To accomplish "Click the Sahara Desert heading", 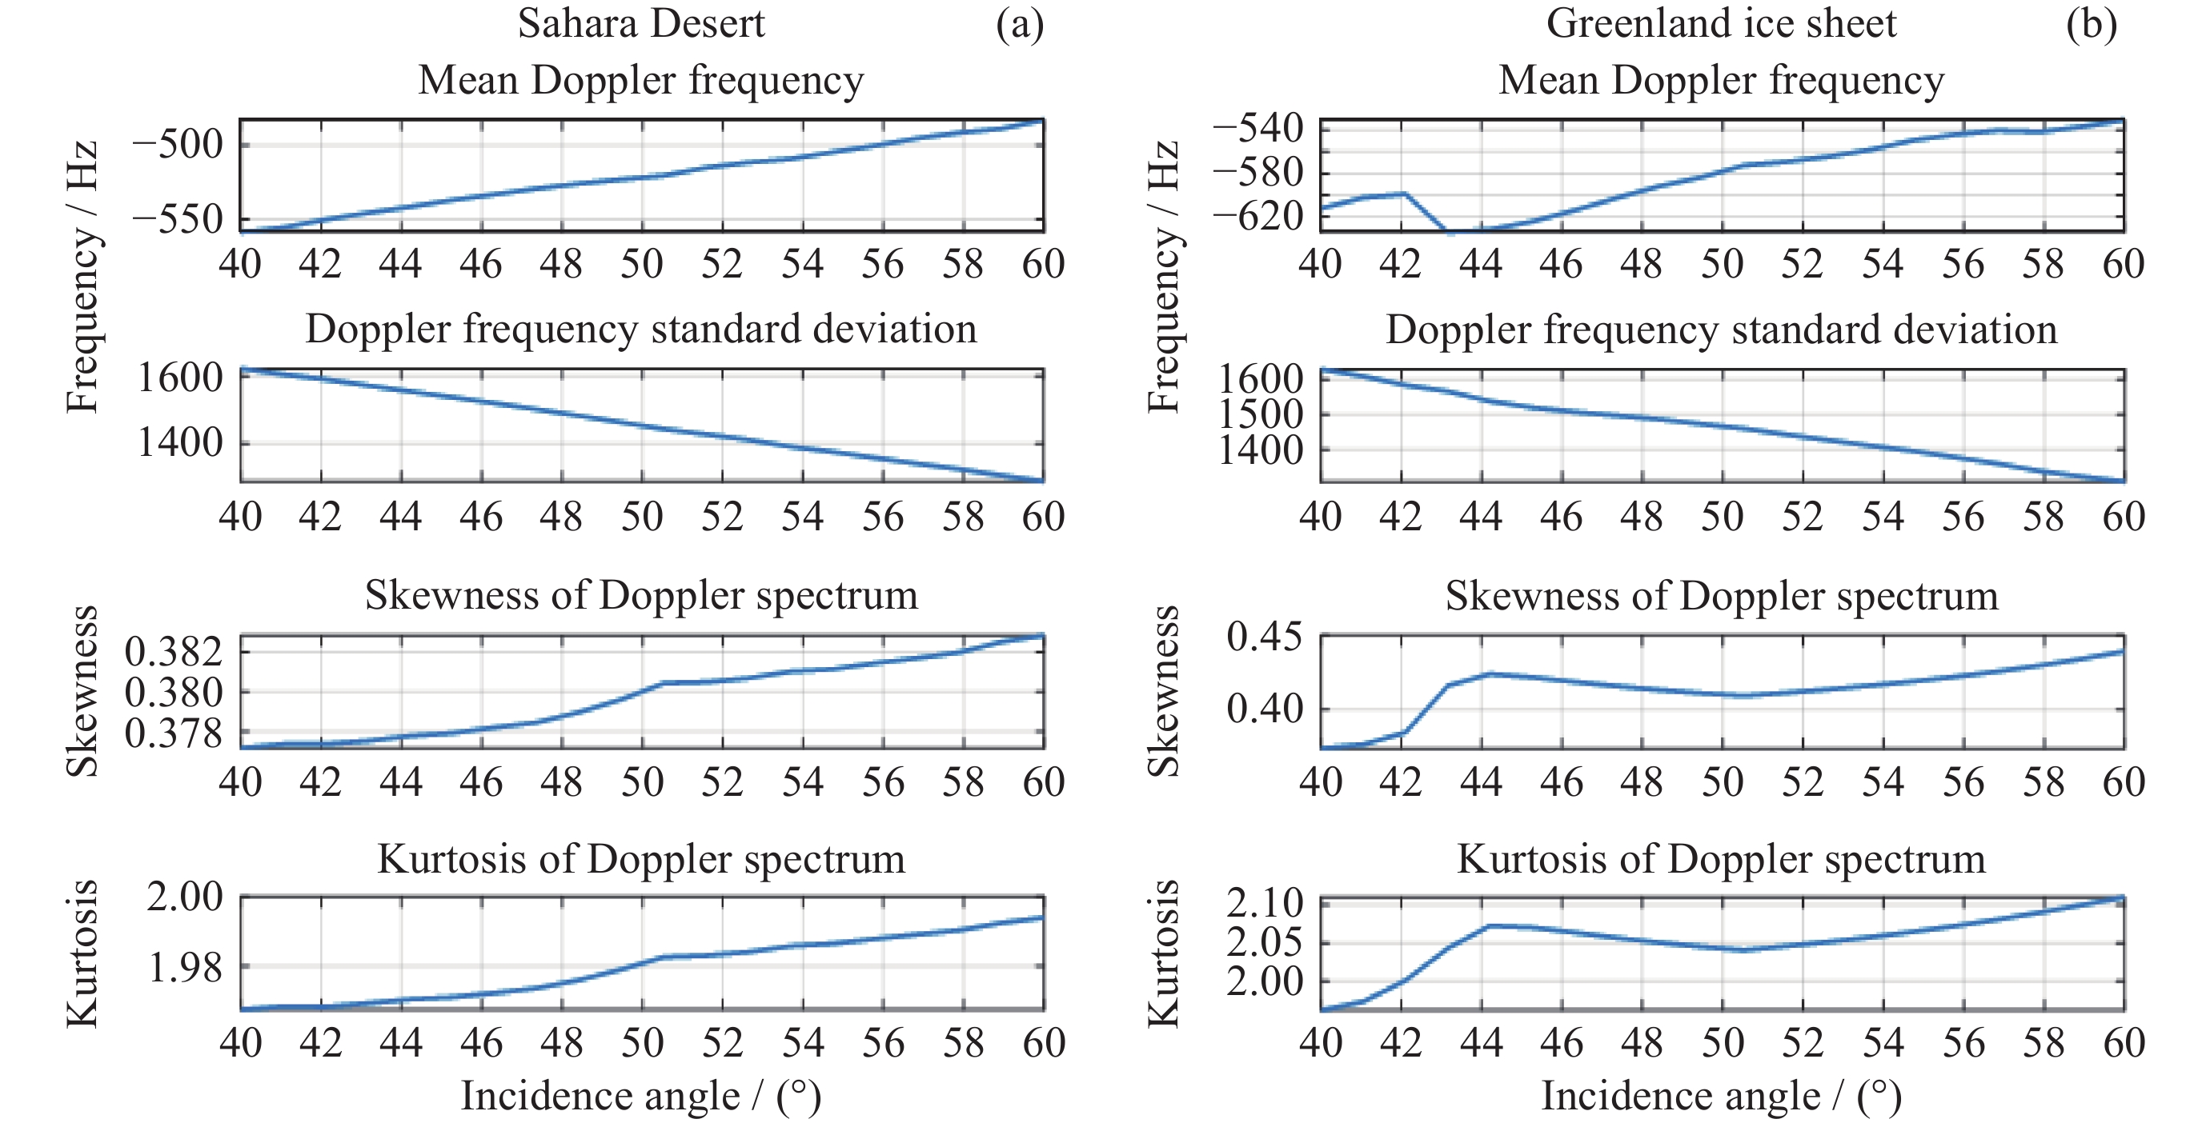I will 640,23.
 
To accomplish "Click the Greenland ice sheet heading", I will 1720,23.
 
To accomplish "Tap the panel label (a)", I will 1019,23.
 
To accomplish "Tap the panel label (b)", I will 2092,23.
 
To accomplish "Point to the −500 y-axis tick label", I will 177,144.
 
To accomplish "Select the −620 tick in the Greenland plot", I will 1258,216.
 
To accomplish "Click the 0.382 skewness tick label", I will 174,652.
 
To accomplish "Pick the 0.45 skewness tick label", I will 1264,637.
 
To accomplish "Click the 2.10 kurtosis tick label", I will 1264,904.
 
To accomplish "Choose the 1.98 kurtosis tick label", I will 185,968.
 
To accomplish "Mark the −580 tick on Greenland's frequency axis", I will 1258,173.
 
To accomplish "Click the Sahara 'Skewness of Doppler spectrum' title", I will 640,595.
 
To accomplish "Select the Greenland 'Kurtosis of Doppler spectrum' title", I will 1720,858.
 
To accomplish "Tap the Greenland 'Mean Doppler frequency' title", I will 1720,81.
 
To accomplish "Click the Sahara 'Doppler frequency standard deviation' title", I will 640,329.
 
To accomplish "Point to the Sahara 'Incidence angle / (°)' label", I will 640,1097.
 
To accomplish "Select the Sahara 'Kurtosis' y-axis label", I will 82,952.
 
